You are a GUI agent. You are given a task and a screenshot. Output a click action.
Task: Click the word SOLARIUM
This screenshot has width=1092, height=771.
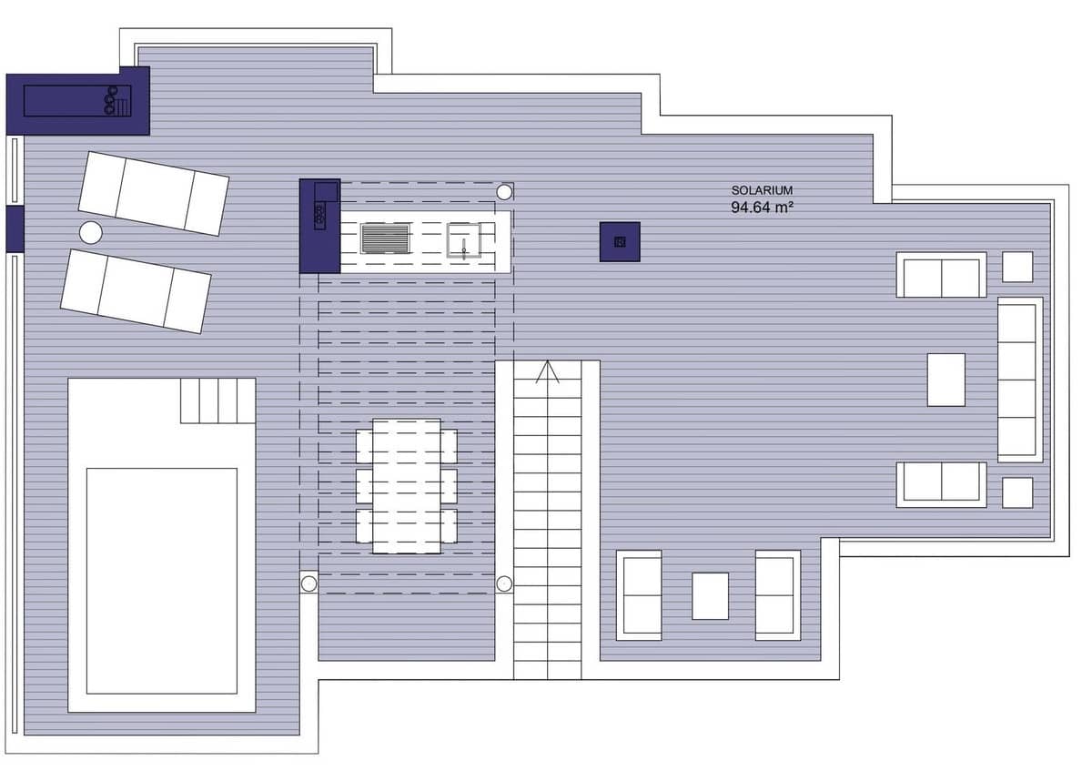762,190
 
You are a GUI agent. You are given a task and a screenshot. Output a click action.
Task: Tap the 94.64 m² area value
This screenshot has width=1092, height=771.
762,207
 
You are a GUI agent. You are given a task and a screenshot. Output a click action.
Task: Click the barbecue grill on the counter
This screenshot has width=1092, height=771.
386,238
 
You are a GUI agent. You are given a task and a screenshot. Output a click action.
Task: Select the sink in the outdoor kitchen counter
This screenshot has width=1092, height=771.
464,241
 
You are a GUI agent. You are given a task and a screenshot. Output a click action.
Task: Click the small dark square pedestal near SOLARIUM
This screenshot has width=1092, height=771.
620,241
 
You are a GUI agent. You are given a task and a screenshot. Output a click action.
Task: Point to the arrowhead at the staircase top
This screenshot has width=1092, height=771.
547,371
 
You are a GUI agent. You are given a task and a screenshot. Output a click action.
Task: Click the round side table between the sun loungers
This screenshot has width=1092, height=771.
90,232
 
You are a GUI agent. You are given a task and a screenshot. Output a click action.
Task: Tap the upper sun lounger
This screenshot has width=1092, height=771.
153,193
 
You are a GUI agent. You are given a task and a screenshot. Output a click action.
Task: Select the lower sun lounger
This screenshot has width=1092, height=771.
136,290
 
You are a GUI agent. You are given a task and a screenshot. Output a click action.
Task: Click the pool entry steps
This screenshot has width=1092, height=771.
217,401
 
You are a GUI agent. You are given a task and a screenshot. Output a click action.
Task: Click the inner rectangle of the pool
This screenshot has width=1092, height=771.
161,581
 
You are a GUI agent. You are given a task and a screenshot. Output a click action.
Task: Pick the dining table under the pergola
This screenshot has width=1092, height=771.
407,486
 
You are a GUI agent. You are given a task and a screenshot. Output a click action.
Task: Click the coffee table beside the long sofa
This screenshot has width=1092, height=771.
945,380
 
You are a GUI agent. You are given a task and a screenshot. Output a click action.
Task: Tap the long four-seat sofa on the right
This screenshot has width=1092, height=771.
1019,380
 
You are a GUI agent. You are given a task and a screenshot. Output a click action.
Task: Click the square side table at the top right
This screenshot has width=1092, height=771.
1017,267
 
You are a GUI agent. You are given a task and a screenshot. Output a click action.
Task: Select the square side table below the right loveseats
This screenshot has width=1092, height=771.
1017,492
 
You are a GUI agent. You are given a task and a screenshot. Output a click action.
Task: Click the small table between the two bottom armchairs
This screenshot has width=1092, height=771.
710,595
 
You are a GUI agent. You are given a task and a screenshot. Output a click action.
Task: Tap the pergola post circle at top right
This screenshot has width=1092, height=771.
504,192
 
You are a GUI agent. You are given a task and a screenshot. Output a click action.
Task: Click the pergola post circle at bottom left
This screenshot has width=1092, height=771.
308,583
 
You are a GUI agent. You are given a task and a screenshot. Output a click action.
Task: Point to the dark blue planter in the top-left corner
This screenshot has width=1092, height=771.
77,101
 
